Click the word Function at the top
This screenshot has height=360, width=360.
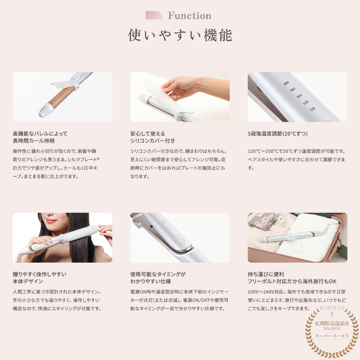(189, 16)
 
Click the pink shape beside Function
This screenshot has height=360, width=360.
(154, 16)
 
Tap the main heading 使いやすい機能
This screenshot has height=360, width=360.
(180, 35)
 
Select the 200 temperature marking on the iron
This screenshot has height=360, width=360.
(286, 83)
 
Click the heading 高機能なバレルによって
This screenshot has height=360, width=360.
(40, 134)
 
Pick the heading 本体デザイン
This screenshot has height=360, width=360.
(28, 281)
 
